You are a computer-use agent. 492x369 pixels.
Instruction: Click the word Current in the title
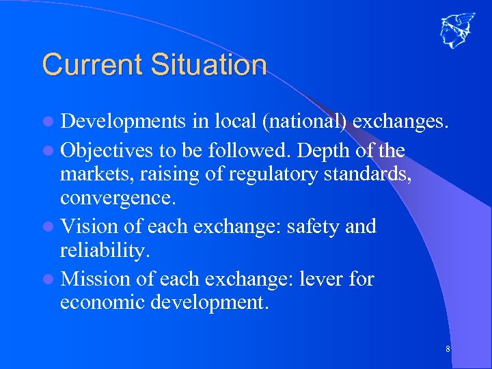tap(92, 65)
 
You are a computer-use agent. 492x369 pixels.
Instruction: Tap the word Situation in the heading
tap(208, 65)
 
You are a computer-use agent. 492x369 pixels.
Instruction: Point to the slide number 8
tap(448, 350)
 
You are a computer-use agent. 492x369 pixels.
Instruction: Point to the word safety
tap(314, 227)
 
